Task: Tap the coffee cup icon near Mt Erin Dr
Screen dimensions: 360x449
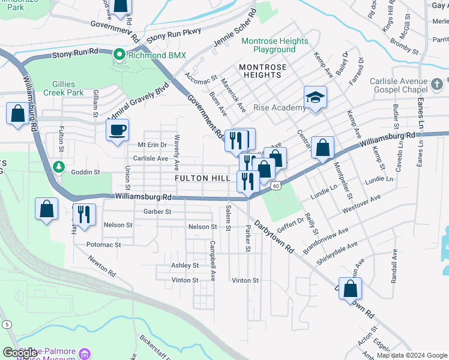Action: coord(118,130)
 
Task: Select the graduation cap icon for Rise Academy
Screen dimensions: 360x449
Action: coord(315,98)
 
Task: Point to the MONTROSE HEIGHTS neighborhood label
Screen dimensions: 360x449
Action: coord(263,71)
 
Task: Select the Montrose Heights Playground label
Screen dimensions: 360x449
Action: coord(274,45)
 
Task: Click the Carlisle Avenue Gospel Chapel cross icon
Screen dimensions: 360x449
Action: coord(438,82)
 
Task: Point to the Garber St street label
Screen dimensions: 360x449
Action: coord(157,211)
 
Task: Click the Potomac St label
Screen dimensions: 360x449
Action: coord(104,245)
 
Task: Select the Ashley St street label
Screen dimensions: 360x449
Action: coord(185,265)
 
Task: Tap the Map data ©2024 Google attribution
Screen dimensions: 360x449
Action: coord(412,355)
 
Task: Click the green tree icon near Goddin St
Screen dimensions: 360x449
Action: coord(58,166)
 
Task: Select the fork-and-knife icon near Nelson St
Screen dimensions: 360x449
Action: coord(83,214)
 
